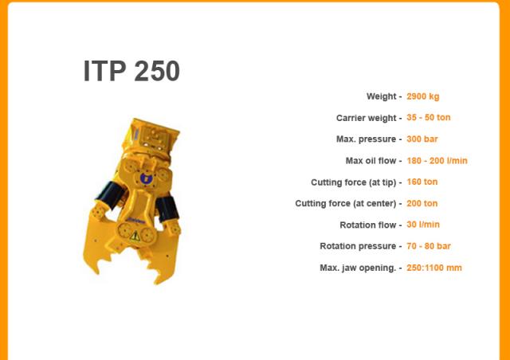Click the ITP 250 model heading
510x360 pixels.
[x=131, y=71]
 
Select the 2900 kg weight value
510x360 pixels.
[x=423, y=96]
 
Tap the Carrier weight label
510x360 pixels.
[x=367, y=118]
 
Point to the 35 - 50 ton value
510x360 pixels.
[x=429, y=117]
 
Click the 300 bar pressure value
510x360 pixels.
[x=422, y=139]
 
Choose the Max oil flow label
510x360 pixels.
[x=371, y=161]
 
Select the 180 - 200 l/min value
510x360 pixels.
[x=437, y=161]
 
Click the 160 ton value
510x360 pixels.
[x=422, y=182]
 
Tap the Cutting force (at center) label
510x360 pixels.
[x=346, y=204]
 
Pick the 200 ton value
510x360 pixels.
[x=422, y=204]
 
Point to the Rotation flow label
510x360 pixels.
[x=368, y=225]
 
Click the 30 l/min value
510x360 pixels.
[x=423, y=225]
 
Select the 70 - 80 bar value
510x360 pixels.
[x=429, y=246]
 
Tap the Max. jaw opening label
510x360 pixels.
[x=358, y=268]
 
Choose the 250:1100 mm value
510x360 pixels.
[x=433, y=268]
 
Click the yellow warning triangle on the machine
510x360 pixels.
[x=135, y=236]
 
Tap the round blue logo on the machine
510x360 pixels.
[x=146, y=178]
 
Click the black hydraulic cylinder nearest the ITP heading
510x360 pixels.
[x=111, y=194]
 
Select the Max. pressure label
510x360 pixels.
[x=367, y=139]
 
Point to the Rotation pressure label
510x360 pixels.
[x=358, y=246]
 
